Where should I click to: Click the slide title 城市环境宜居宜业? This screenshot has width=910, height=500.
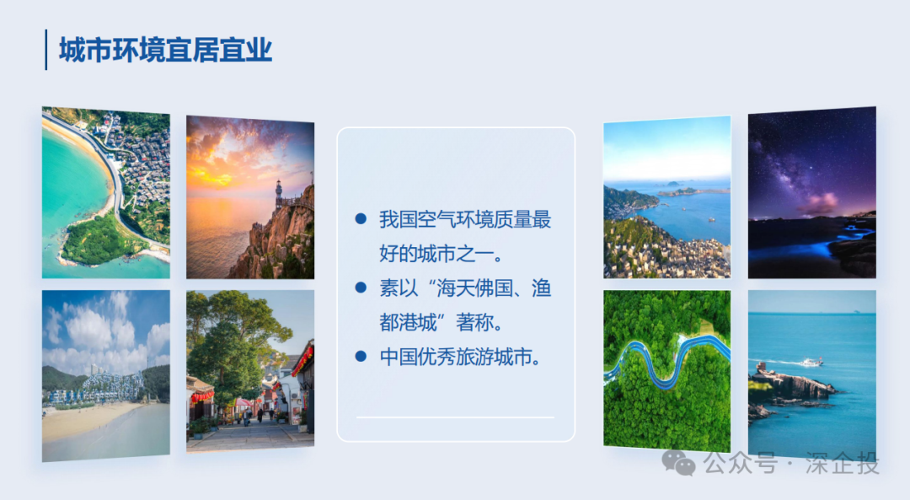tap(166, 50)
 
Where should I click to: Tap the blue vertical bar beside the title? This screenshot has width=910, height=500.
tap(45, 50)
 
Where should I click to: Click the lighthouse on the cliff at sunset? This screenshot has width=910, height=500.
tap(278, 192)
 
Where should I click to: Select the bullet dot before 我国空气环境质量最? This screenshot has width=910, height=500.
tap(361, 219)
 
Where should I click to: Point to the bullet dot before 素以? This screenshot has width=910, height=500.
tap(361, 288)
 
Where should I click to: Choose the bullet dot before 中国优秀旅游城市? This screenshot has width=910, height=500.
tap(361, 356)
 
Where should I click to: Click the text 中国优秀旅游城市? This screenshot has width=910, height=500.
tap(459, 356)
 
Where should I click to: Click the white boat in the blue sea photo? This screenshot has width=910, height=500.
tap(811, 362)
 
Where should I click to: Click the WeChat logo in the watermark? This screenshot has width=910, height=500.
tap(678, 462)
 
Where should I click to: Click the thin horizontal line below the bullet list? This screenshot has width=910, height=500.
tap(455, 417)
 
